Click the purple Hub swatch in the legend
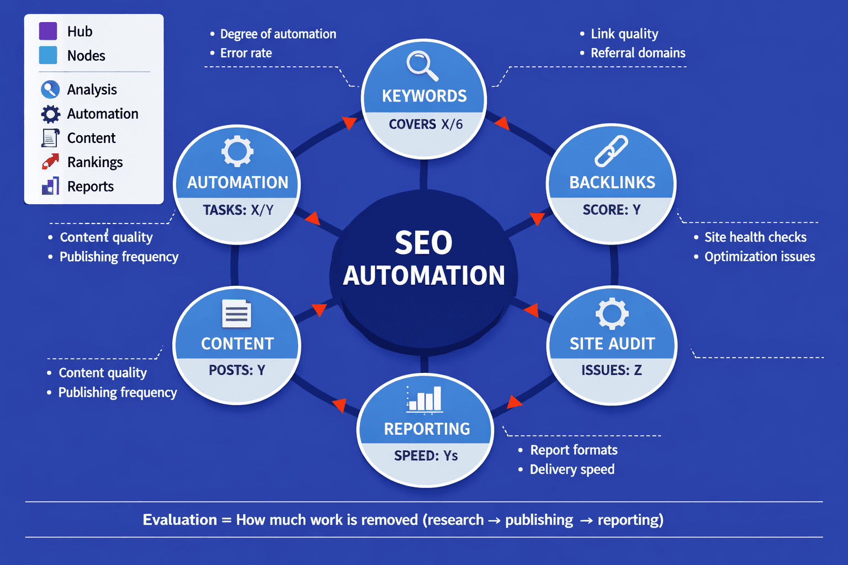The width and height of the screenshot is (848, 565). pos(48,31)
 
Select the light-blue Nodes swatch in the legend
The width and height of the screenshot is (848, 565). pos(48,56)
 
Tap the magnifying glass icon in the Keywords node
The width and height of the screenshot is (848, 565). pos(422,66)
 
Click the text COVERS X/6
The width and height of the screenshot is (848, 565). pos(425,124)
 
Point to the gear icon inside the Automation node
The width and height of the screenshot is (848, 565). pos(237,151)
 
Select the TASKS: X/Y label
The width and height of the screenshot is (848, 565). pos(238,210)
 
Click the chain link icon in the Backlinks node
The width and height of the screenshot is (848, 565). pos(611,151)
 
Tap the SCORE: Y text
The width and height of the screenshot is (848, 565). pos(611,210)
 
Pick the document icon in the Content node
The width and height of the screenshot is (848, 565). pos(236,315)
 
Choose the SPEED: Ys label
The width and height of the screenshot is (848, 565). pos(426,456)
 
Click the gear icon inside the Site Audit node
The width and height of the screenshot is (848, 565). pos(612,314)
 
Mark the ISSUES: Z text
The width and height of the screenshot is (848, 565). pos(611,370)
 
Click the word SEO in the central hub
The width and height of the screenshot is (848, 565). pos(423,243)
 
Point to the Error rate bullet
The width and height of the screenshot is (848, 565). pos(246,54)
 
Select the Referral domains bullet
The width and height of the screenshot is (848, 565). pos(638,54)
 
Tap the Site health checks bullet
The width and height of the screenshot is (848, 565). pos(755,237)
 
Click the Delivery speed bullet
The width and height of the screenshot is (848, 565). pos(571,470)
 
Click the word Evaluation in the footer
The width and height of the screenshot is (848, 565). pos(179,520)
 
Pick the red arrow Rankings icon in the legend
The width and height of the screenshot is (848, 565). pos(50,162)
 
